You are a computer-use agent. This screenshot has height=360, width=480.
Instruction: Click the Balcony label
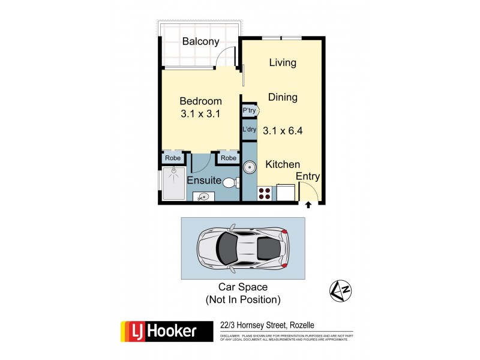click(200, 42)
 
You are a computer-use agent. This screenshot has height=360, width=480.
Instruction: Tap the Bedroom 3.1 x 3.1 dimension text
click(200, 113)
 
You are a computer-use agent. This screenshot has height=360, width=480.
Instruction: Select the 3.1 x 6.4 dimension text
click(283, 129)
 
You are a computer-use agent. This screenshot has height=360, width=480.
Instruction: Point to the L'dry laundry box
click(249, 130)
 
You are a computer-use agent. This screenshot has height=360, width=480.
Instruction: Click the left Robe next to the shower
click(172, 158)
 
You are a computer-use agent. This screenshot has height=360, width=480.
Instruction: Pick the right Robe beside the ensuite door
click(227, 158)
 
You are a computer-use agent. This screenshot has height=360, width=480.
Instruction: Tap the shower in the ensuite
click(174, 183)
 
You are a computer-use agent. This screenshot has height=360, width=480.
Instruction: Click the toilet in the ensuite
click(232, 182)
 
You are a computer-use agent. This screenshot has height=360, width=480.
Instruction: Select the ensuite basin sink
click(204, 196)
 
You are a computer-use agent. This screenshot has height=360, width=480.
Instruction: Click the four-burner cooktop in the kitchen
click(265, 193)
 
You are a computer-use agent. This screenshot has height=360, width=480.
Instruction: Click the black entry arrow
click(308, 205)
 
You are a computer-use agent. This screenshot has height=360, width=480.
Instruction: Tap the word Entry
click(308, 176)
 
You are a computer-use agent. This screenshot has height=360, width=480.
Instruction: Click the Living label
click(283, 62)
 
